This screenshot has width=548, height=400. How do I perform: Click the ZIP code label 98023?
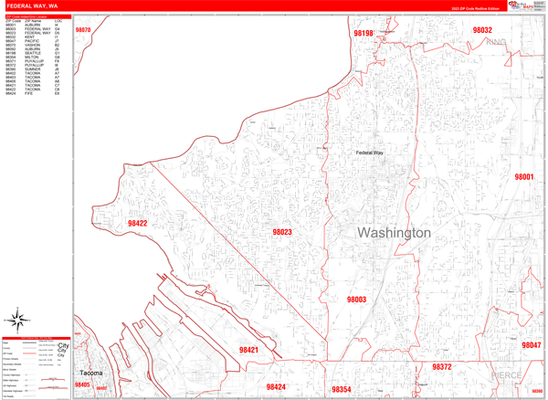coord(281,233)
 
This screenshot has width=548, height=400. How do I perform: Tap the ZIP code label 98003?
coord(356,300)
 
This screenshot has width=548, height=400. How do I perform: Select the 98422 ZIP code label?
coord(137,223)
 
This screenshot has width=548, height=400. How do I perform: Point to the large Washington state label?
coord(394,233)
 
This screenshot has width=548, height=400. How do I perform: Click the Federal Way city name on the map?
coord(370,153)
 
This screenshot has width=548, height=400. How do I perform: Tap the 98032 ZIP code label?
coord(482,30)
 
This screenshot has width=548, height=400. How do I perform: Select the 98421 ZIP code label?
coord(248,350)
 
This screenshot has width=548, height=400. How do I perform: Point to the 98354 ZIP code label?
coord(341,390)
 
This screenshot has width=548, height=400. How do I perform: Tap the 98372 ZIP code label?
coord(442,367)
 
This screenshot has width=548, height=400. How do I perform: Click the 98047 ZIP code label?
coord(532,345)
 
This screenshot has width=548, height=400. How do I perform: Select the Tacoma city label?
coord(90,374)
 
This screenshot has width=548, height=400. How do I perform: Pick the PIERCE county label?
coord(511,374)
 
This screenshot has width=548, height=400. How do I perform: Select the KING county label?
coord(496,42)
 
